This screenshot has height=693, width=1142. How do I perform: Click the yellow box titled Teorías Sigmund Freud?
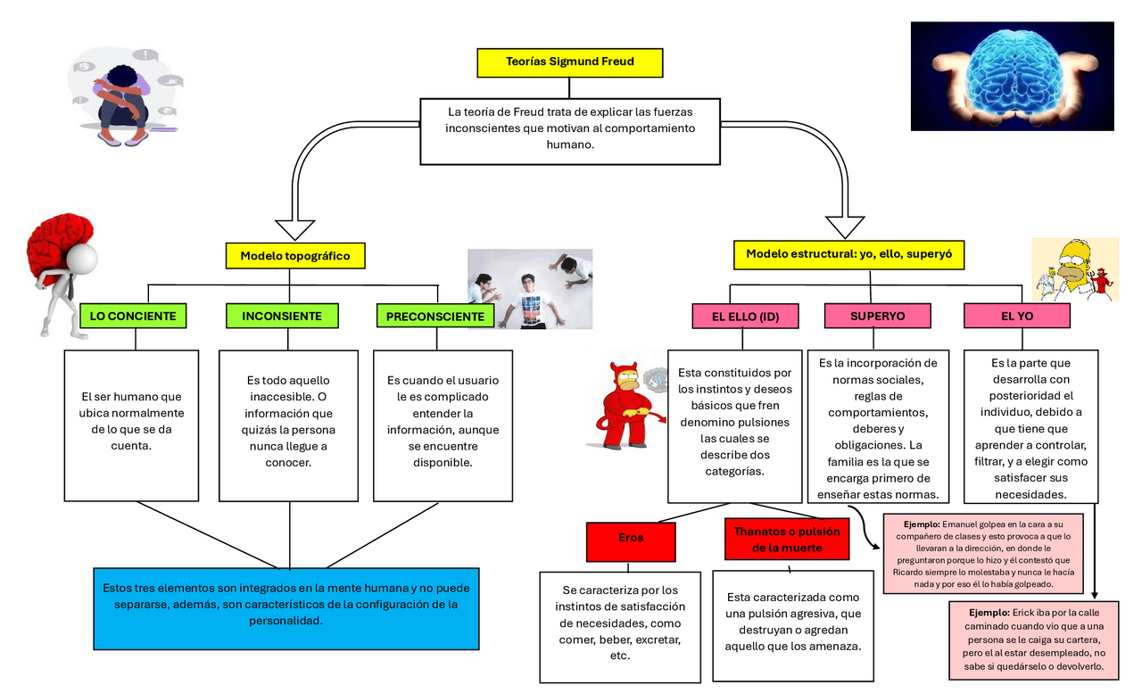pyautogui.click(x=569, y=62)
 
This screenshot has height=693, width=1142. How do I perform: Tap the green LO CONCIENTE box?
pyautogui.click(x=134, y=316)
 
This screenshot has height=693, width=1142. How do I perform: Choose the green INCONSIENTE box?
pyautogui.click(x=281, y=316)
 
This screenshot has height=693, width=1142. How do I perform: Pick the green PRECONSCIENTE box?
pyautogui.click(x=434, y=317)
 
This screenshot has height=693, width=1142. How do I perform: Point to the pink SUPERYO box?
pyautogui.click(x=877, y=316)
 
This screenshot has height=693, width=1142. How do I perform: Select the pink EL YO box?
pyautogui.click(x=1016, y=316)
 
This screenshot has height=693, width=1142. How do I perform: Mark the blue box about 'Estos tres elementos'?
pyautogui.click(x=285, y=607)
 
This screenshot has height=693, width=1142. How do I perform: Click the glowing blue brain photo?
pyautogui.click(x=1012, y=76)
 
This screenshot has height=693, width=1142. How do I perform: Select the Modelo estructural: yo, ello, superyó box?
pyautogui.click(x=848, y=254)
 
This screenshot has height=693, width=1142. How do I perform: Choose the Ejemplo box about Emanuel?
pyautogui.click(x=982, y=553)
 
